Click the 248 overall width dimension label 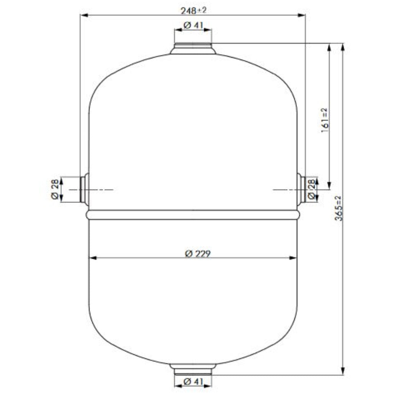click(193, 10)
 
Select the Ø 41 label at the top click(193, 25)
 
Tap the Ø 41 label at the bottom click(193, 382)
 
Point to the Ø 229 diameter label click(198, 254)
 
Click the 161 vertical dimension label click(325, 120)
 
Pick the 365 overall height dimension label click(339, 208)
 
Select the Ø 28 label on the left click(55, 189)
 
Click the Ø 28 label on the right click(311, 189)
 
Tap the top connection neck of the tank click(193, 48)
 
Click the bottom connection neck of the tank click(193, 369)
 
